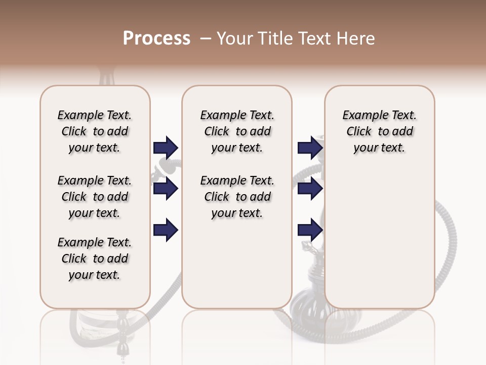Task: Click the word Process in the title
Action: (x=156, y=38)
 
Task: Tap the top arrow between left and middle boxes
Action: (x=166, y=148)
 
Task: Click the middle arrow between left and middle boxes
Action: (x=166, y=189)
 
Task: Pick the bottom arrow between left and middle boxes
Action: (x=166, y=230)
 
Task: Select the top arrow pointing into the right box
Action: (x=310, y=148)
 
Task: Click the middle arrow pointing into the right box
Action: (x=310, y=189)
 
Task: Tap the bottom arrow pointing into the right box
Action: (x=310, y=230)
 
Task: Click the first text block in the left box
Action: (x=95, y=131)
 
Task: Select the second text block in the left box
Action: (x=95, y=197)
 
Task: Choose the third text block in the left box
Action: (x=95, y=259)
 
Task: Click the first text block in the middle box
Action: (x=237, y=131)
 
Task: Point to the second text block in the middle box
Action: (x=237, y=197)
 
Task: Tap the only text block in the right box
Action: (x=379, y=131)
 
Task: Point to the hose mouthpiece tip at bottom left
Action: (x=122, y=350)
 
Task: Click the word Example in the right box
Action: (x=360, y=116)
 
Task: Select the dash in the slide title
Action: (x=206, y=39)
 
